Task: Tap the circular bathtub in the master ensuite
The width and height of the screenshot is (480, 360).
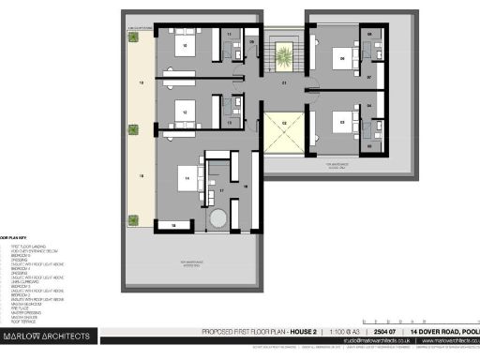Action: pos(217,217)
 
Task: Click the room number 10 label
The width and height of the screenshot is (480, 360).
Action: pos(184,44)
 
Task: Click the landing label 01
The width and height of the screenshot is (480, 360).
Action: pos(283,82)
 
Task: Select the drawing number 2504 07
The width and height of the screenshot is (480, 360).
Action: pos(385,333)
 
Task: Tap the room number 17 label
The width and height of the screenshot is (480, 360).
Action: pos(221,190)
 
